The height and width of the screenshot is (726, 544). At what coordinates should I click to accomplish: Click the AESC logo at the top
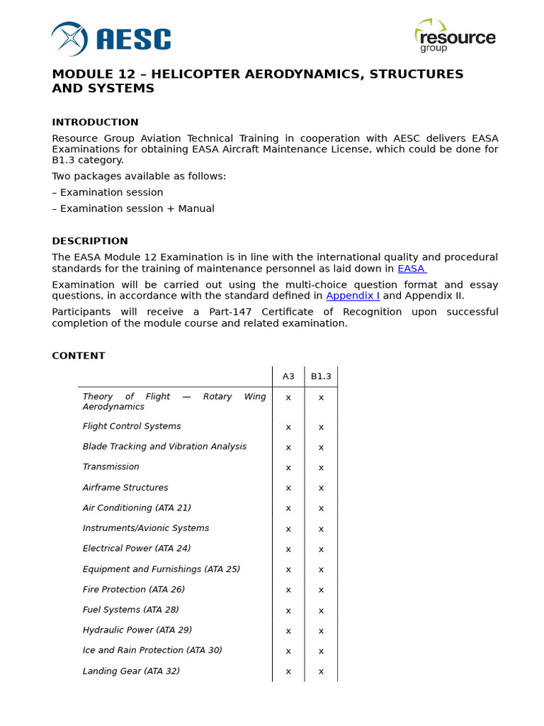click(111, 39)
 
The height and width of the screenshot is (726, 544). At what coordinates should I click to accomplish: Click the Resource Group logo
click(455, 36)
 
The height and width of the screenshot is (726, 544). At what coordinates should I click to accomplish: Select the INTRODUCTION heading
click(95, 122)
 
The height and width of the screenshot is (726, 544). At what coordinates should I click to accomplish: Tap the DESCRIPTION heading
click(90, 241)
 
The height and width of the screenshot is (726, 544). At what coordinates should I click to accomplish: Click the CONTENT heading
click(79, 356)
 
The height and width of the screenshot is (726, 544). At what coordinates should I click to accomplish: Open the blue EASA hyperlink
click(412, 269)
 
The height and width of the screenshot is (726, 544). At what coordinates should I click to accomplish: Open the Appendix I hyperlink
click(353, 296)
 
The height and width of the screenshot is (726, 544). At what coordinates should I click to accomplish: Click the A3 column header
click(288, 376)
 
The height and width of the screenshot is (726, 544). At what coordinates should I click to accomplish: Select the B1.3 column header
click(321, 376)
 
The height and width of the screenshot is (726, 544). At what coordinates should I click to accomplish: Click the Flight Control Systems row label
click(132, 426)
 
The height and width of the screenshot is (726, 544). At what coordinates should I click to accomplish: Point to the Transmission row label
click(111, 467)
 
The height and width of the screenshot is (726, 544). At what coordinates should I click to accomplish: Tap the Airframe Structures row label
click(125, 488)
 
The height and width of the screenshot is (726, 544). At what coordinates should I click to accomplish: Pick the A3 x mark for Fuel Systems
click(288, 610)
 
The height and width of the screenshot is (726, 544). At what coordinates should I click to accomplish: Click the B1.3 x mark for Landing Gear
click(321, 672)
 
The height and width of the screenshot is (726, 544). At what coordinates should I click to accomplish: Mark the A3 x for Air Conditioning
click(288, 508)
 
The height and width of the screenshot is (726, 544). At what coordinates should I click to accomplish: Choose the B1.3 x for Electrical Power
click(321, 549)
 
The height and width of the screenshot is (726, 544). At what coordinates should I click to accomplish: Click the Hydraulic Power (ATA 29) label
click(137, 630)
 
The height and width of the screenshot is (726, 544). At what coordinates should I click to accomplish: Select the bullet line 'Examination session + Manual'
click(133, 208)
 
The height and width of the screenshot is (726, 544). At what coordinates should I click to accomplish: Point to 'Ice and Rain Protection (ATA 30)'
click(152, 650)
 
